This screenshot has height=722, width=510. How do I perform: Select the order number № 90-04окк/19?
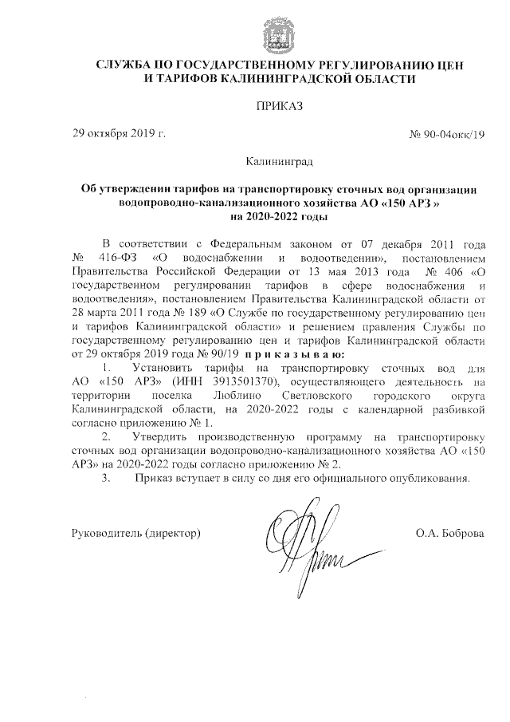click(x=446, y=133)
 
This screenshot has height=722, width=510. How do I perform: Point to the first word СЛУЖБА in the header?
click(x=121, y=65)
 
